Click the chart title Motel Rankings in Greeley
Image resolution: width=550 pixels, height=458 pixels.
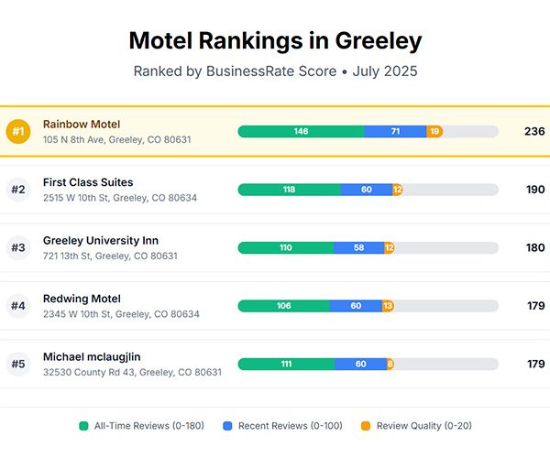pos(275,40)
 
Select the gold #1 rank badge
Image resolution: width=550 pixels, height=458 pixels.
pos(18,132)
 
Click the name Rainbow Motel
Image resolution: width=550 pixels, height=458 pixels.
pos(82,124)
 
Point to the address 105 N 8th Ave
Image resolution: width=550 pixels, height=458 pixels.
pos(116,140)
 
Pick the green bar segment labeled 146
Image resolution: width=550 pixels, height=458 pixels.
pos(301,132)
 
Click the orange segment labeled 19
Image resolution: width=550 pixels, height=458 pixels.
pos(434,132)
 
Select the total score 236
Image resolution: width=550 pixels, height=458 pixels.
pos(534,132)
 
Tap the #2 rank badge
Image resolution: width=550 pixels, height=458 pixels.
pos(18,190)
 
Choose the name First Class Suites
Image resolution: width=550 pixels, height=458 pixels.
pos(88,182)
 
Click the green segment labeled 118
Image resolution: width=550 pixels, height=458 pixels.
pos(289,190)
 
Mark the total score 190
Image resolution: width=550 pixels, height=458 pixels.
pos(534,190)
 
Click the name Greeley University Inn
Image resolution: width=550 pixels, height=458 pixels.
pos(101,240)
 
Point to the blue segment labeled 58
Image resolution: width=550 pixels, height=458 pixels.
pos(358,248)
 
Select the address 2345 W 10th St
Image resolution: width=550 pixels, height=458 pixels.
pos(121,314)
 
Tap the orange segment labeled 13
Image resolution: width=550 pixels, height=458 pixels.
pos(388,306)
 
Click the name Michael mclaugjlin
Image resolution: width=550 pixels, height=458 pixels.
pos(92,356)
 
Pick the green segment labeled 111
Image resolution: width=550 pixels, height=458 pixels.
pos(286,365)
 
